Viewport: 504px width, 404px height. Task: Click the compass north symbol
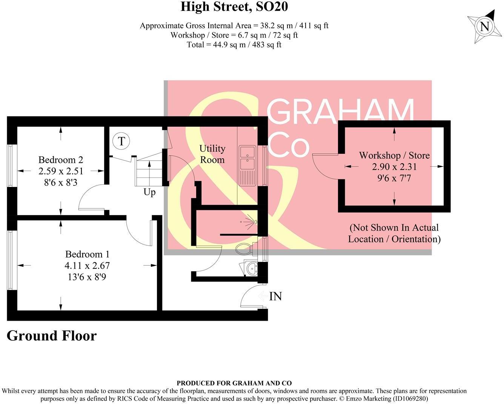point(485,26)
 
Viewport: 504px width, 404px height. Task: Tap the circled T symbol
point(121,141)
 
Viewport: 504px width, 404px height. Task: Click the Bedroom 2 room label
point(61,160)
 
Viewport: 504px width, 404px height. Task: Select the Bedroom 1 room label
point(87,254)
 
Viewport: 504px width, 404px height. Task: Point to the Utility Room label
point(212,154)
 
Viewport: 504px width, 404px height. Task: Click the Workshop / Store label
point(394,155)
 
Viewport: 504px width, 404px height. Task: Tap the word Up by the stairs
point(149,192)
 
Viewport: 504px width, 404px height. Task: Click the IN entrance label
point(275,297)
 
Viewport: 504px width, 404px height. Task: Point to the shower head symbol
point(250,221)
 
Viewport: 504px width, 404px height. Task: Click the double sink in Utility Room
point(247,158)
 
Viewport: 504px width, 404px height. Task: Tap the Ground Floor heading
point(52,335)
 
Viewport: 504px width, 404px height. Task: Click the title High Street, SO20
point(234,7)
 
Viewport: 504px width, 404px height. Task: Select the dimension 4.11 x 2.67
point(87,266)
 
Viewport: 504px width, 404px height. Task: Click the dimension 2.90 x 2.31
point(394,167)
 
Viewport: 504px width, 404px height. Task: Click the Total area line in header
point(234,44)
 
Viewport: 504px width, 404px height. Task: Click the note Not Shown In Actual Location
point(394,233)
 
